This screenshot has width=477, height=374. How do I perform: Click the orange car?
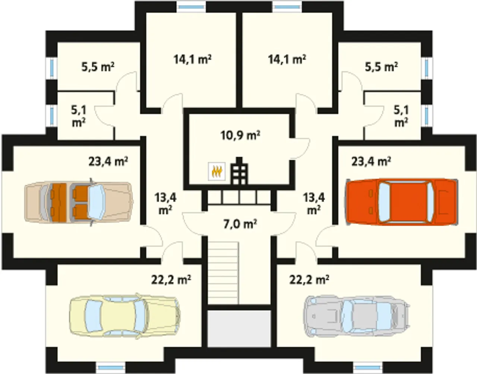401,202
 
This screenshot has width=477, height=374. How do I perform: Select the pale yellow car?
125,317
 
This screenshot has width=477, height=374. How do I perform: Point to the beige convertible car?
79,202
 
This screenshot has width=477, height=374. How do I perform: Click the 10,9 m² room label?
240,135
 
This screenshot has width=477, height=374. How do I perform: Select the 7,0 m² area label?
240,224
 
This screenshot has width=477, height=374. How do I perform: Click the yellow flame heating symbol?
217,172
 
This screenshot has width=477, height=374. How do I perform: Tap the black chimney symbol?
240,171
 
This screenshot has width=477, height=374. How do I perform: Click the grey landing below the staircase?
239,329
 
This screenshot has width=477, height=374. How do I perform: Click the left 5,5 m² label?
98,67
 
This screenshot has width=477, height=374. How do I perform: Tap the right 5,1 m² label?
401,116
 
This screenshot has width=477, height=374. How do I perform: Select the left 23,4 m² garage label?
108,161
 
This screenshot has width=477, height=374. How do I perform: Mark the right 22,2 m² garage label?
309,280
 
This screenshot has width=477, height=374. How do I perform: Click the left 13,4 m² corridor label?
165,204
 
